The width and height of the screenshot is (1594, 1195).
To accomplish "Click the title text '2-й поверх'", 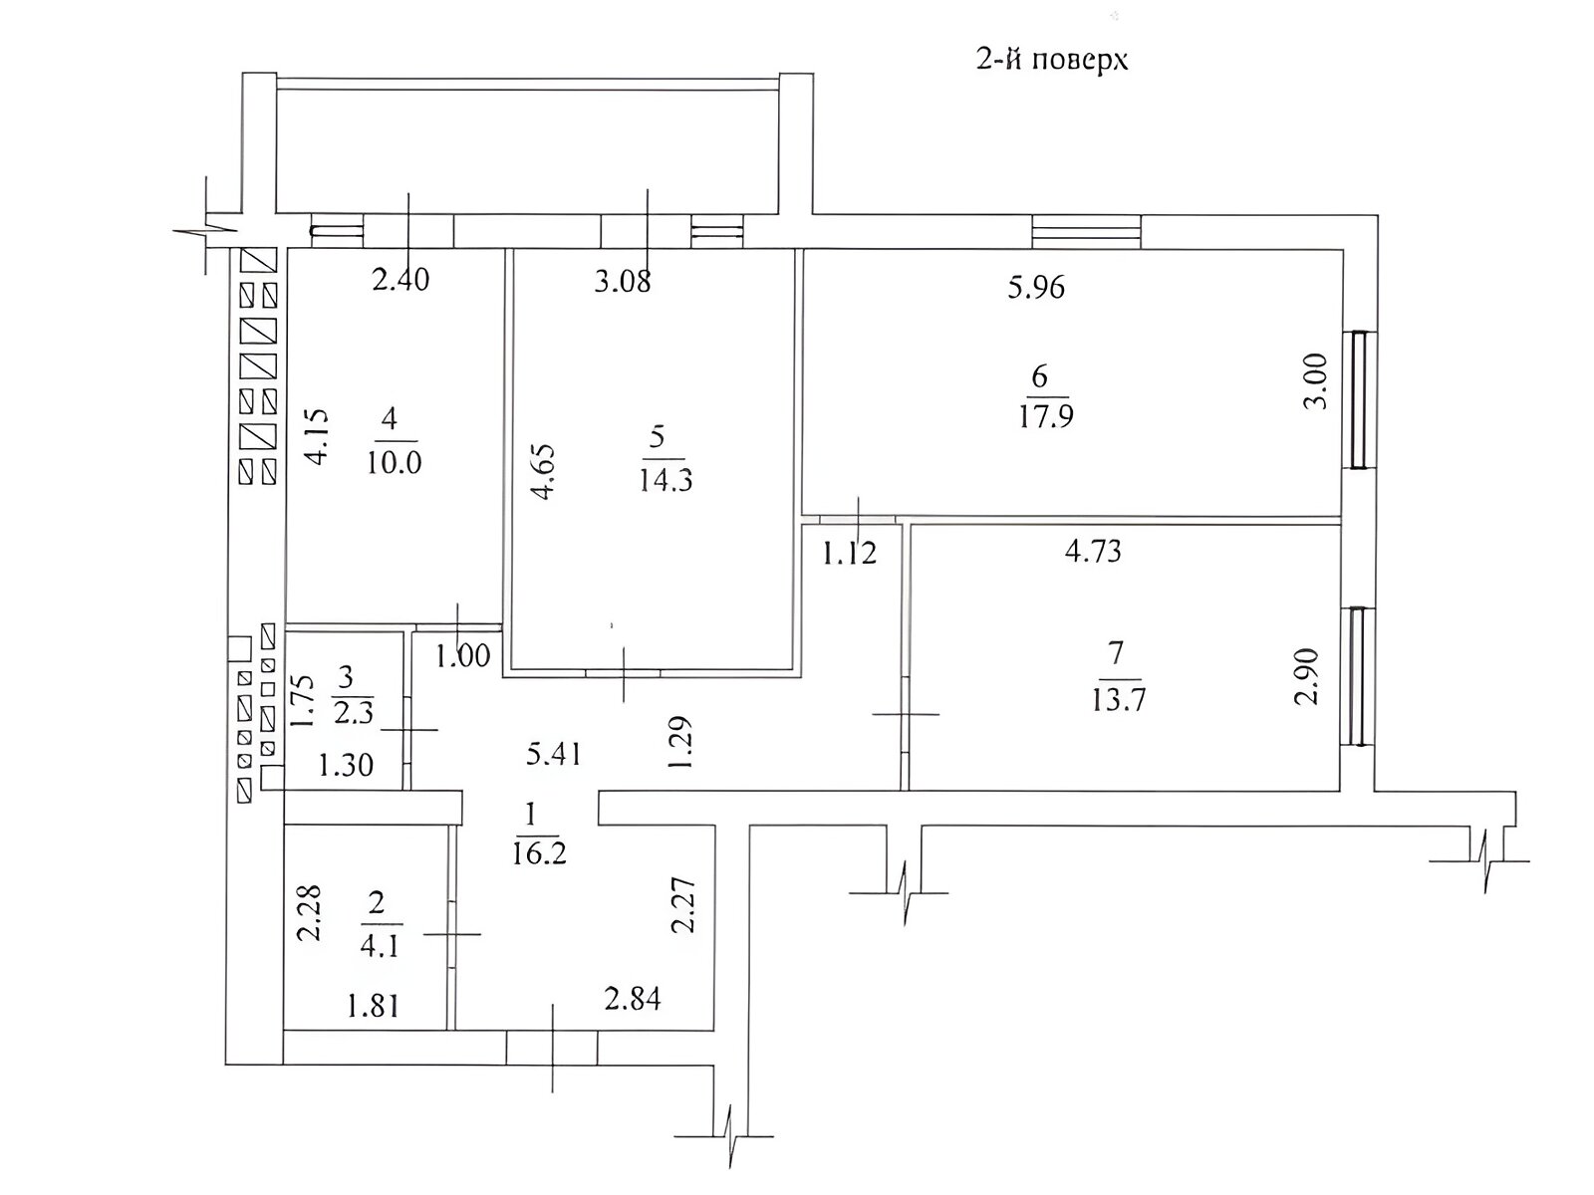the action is (1051, 60).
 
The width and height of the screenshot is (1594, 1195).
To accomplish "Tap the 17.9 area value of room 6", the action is (1046, 417).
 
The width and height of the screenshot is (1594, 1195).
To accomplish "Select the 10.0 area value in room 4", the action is (394, 462).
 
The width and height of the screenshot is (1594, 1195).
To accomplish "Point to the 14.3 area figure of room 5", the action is (665, 480).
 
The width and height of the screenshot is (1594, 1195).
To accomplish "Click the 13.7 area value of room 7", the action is (1119, 701).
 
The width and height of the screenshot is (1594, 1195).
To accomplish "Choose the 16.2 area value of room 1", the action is (539, 853).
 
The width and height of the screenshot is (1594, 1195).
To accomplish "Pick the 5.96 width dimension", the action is (1036, 288).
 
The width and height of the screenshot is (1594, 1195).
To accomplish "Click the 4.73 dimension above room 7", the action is (1093, 552).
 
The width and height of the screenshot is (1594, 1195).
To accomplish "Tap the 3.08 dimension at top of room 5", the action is (623, 281).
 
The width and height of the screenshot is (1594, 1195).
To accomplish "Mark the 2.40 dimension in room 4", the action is (400, 280).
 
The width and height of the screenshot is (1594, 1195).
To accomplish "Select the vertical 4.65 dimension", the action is (543, 472).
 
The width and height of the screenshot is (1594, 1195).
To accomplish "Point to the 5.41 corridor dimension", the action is (553, 755).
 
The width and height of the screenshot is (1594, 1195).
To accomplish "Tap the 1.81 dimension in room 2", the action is (374, 1007).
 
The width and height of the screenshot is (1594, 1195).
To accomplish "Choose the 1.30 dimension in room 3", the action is (347, 765).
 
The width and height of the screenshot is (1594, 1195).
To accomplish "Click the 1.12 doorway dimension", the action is (850, 555).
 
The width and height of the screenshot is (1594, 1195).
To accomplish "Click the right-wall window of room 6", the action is (1359, 399).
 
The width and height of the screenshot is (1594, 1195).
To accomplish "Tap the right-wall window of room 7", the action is (1357, 676).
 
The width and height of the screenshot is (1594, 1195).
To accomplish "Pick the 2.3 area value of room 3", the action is (354, 712).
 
